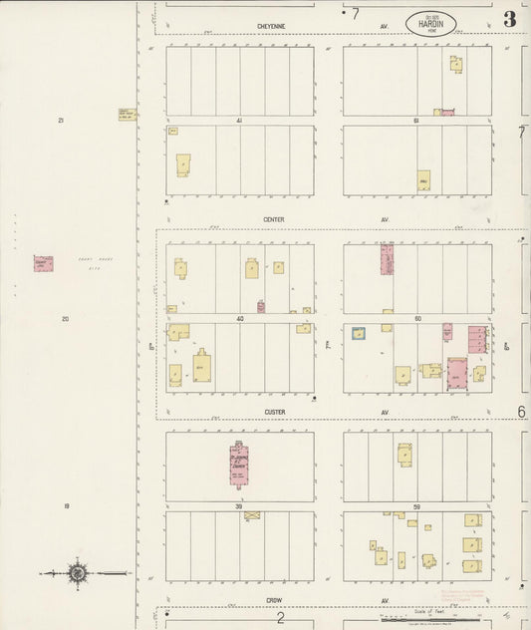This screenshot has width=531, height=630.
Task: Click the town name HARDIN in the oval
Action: coord(426,25)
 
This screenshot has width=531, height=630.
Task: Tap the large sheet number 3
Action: coord(510,19)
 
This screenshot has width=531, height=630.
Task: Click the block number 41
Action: coord(239,121)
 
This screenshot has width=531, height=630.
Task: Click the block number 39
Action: coord(239,506)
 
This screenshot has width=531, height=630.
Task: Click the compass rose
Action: coord(77,573)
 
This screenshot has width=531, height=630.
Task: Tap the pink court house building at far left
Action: coord(43,264)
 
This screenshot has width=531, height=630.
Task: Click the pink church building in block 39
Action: coord(239,464)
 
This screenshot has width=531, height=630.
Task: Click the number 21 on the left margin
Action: coord(61,121)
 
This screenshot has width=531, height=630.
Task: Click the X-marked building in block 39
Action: coord(252,515)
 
